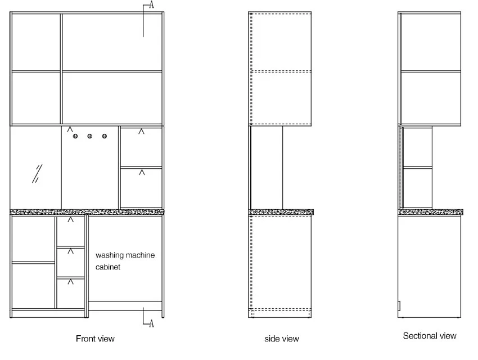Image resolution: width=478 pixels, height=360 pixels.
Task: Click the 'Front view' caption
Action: (95, 339)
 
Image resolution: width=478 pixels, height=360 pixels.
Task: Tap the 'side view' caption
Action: (282, 339)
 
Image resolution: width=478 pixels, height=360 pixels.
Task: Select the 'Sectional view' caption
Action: (430, 336)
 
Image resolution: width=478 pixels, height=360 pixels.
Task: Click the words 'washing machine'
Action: (125, 255)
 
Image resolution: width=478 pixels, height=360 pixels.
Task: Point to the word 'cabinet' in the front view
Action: (108, 267)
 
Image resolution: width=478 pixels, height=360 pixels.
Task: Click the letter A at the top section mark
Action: (151, 4)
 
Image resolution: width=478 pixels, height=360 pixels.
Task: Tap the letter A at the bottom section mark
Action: (151, 323)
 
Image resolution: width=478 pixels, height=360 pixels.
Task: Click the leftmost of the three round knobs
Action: (75, 136)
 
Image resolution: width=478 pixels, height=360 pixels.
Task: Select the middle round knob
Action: (89, 136)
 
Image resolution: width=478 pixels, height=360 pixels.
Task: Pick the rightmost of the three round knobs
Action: (105, 136)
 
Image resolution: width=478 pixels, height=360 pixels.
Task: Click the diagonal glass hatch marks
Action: (37, 174)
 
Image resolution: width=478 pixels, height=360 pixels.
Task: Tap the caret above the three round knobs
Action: (70, 129)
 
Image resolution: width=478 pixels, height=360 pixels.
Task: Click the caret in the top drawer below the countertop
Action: (70, 219)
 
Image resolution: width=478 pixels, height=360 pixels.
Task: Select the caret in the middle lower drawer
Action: (70, 251)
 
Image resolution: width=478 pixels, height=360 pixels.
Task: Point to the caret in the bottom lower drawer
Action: (70, 281)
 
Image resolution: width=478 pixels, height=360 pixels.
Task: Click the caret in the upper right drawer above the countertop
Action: (141, 132)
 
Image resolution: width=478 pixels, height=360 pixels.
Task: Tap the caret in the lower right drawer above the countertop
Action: (142, 173)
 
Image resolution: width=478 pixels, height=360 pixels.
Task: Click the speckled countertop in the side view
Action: (281, 212)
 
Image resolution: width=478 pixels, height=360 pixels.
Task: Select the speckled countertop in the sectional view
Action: (430, 212)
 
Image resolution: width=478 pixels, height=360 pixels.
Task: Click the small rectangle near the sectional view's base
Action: (399, 305)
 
